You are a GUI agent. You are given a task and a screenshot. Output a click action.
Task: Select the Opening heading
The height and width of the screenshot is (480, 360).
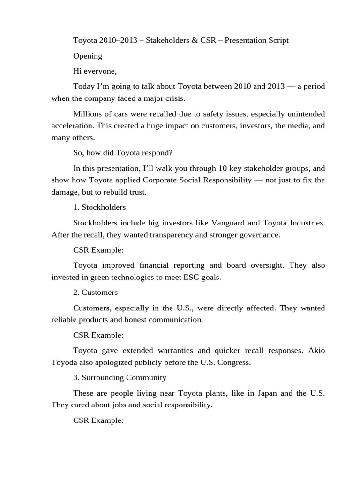click(88, 56)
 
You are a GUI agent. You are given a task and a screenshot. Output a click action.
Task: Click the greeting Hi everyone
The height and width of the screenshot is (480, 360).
click(95, 71)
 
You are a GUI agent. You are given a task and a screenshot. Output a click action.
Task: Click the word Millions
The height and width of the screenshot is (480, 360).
click(88, 114)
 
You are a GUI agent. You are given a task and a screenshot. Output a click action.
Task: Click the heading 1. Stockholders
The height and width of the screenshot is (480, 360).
click(99, 207)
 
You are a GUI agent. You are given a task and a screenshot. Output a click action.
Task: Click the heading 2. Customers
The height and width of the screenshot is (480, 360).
click(96, 292)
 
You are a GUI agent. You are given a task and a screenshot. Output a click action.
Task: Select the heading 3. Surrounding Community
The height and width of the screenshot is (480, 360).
click(120, 377)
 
